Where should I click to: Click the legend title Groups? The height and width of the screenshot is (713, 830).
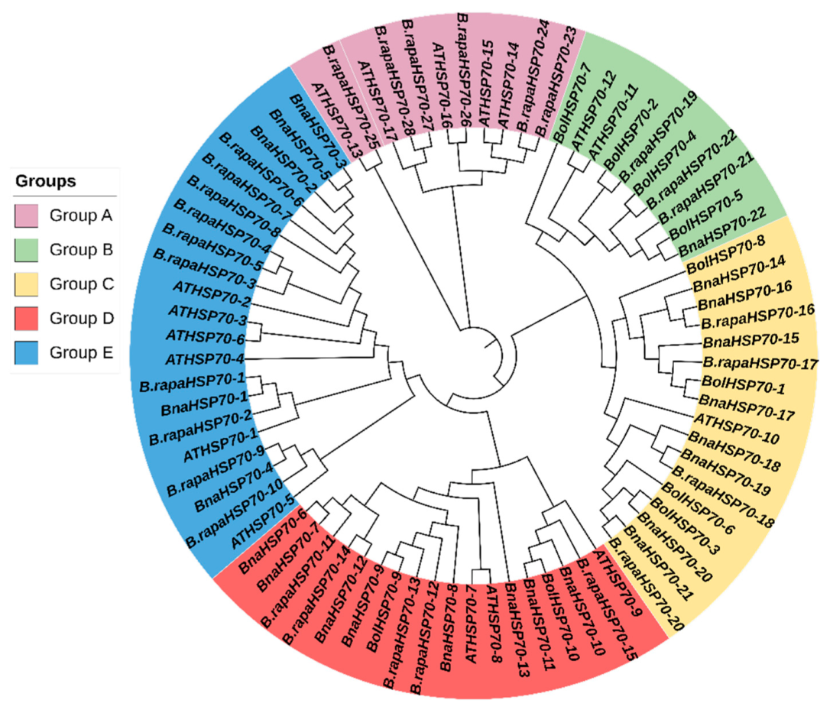point(45,182)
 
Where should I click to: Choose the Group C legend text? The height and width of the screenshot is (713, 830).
point(81,284)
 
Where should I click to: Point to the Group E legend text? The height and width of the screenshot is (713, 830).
point(81,352)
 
